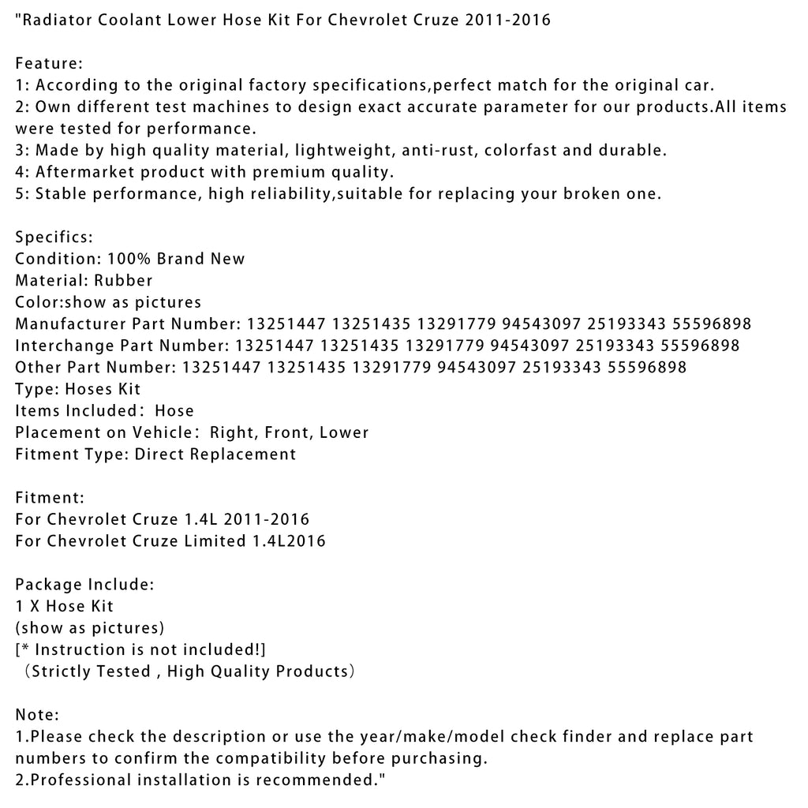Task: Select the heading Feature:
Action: pos(49,64)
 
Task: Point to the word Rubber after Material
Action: pos(123,280)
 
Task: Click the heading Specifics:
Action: pos(54,237)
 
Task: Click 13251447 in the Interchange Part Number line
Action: pos(269,345)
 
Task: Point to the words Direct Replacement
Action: pos(215,454)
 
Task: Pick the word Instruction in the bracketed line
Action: pos(81,649)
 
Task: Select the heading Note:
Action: pos(37,715)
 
